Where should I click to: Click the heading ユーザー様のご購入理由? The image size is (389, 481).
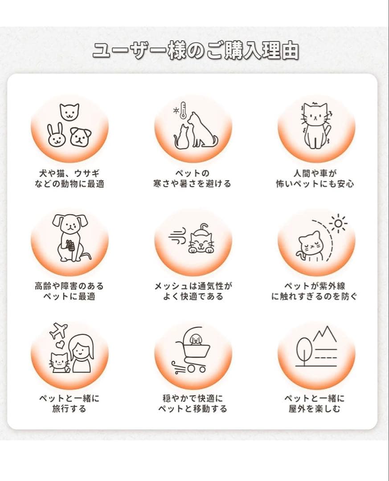(195, 51)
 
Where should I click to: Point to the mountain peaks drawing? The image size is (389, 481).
(324, 335)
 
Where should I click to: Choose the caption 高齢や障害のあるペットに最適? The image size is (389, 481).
(69, 291)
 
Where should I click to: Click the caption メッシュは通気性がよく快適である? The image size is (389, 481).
(193, 291)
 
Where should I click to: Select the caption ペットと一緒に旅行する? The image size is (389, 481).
(69, 403)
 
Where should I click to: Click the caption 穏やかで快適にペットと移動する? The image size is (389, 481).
(192, 403)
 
